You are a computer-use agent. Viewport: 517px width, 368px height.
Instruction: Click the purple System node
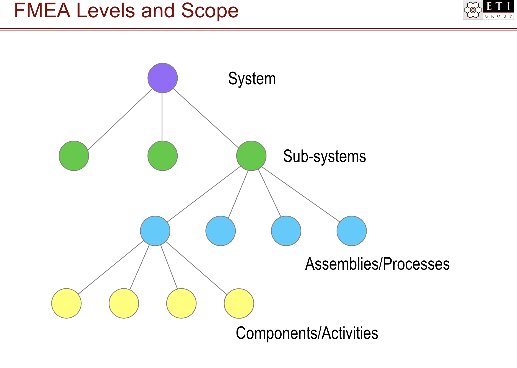[163, 78]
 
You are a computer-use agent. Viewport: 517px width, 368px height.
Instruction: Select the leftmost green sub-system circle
[74, 156]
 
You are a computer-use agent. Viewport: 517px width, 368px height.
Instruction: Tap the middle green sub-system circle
[163, 156]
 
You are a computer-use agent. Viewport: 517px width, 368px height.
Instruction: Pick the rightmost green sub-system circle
[251, 156]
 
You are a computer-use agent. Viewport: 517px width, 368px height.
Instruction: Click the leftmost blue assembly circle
[155, 231]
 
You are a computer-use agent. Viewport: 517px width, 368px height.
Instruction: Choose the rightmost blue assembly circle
[351, 231]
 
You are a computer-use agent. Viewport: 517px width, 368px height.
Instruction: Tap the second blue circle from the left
[221, 231]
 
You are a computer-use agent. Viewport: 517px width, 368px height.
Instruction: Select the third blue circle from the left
[286, 231]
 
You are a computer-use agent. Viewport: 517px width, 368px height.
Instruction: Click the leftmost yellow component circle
[66, 303]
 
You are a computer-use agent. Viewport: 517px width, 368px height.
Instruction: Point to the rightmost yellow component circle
[239, 303]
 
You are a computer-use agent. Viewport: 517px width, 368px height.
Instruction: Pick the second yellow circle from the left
[124, 303]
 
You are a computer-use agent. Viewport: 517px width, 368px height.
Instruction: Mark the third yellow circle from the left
[181, 303]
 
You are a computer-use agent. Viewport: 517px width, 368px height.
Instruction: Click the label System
[252, 79]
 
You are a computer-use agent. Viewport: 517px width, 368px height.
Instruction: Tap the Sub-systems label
[324, 156]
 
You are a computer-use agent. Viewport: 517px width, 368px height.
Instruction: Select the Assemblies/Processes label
[377, 264]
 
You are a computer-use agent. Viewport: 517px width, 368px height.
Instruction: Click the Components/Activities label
[307, 333]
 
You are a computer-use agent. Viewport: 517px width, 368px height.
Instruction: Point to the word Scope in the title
[210, 11]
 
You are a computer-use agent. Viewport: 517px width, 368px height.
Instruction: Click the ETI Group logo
[488, 10]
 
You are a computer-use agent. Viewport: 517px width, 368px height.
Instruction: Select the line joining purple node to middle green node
[162, 117]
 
